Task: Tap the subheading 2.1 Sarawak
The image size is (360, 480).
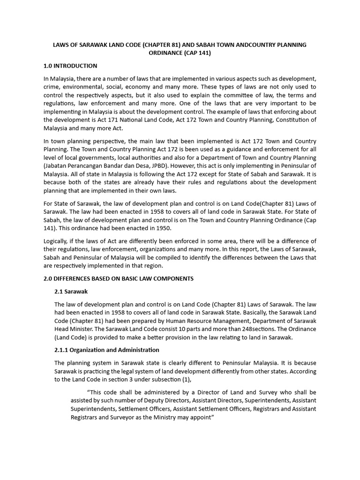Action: [71, 292]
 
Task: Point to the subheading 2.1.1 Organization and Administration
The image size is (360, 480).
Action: [107, 350]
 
